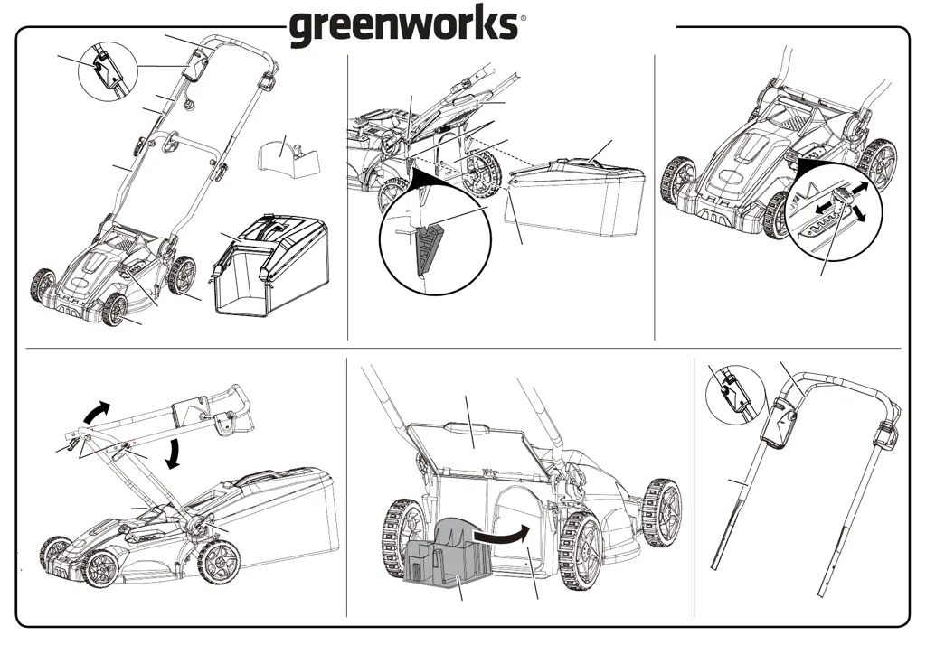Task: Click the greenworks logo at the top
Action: pos(404,26)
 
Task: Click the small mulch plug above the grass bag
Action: pos(288,154)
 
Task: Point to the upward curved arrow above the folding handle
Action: pos(93,412)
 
